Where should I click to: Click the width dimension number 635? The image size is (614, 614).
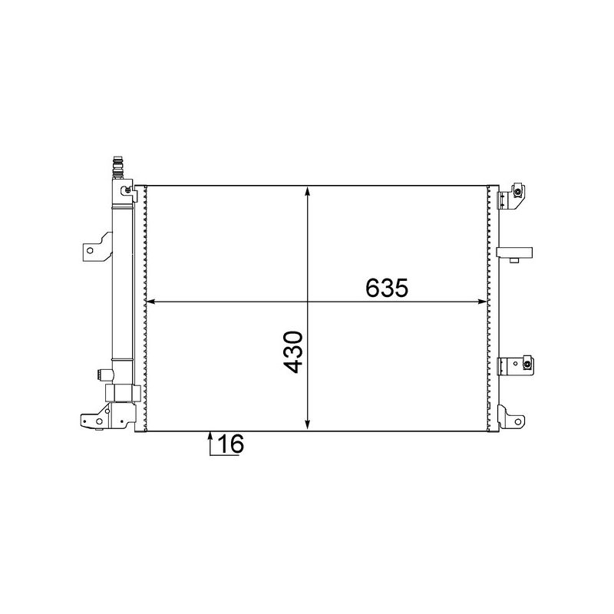385,288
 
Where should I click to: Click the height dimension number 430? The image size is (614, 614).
294,352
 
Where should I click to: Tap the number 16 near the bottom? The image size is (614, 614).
229,444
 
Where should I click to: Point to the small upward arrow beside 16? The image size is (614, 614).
210,439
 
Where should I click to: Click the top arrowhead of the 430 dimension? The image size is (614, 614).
308,192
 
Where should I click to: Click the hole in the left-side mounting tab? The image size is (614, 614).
91,250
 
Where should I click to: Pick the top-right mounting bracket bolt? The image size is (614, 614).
518,191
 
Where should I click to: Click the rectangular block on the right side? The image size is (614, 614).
514,252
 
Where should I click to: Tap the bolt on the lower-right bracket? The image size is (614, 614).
527,363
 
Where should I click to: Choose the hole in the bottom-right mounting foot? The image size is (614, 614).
519,421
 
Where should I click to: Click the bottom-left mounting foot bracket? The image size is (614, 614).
95,420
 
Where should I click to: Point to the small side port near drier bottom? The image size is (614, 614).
101,375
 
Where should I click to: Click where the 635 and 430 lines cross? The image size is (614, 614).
308,302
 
